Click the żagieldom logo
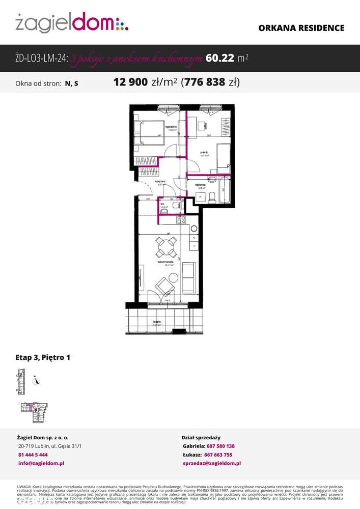click(x=71, y=23)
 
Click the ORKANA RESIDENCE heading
click(x=301, y=29)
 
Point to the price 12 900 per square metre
click(x=130, y=82)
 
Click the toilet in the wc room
click(x=176, y=205)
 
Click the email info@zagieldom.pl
click(x=41, y=463)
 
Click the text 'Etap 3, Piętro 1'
click(x=42, y=358)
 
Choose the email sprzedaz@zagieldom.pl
click(x=211, y=463)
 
